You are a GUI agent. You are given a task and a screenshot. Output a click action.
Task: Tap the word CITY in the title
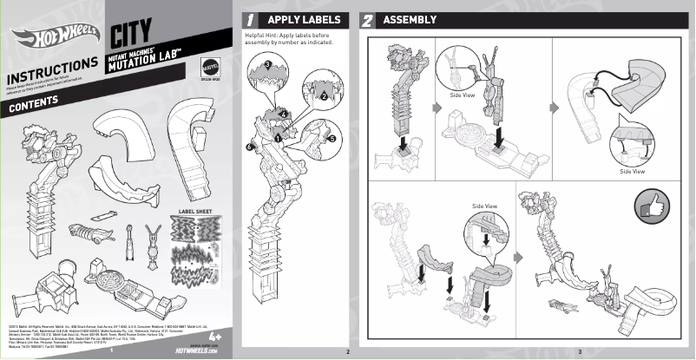tap(132, 36)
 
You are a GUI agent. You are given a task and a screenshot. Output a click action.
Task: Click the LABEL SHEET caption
tap(195, 210)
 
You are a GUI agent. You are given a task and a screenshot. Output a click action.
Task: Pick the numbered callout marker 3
tap(267, 64)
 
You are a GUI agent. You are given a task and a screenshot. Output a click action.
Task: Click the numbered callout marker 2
tap(323, 96)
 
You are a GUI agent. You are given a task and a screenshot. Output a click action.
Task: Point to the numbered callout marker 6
tap(249, 148)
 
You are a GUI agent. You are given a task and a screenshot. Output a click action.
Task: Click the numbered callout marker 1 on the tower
tap(277, 136)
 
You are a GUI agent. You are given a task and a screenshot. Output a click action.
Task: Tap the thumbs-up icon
tap(653, 206)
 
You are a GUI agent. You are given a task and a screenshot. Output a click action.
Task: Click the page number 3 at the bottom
tap(579, 350)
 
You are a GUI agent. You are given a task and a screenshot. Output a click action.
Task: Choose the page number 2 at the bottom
tap(347, 350)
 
